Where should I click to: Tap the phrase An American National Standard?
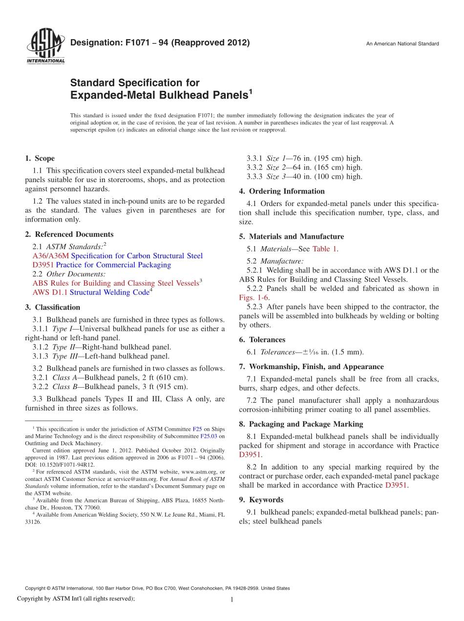[402, 44]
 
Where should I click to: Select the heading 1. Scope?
[40, 158]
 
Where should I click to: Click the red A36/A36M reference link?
[51, 256]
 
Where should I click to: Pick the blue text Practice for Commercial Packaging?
[113, 265]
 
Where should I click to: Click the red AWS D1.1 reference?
[50, 292]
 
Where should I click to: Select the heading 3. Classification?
[52, 307]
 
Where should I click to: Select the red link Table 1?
[324, 248]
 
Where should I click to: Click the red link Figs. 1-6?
[253, 297]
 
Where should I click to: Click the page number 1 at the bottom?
[232, 600]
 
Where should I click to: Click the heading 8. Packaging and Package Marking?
[301, 424]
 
